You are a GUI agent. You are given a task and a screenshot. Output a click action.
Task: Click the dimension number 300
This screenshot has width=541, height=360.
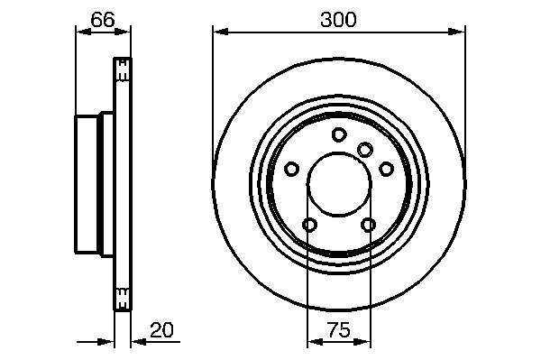tap(338, 19)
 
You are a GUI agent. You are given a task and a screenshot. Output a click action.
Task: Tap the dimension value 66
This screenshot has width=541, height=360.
tap(103, 19)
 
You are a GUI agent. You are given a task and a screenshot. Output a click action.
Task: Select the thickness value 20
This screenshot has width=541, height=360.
tap(161, 330)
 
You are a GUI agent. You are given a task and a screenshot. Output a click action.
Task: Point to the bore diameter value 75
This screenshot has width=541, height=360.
tap(338, 330)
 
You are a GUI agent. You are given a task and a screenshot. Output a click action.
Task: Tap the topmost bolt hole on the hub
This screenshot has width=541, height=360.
tap(339, 134)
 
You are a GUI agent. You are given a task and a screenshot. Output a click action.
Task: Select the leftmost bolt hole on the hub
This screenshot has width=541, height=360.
tap(291, 169)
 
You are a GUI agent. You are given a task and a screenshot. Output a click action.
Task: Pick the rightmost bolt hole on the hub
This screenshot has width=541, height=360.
tap(386, 169)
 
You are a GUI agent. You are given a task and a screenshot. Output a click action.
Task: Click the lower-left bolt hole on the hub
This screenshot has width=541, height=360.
tap(309, 225)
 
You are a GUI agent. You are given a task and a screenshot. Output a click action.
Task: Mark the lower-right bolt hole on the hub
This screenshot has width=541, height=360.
tap(368, 225)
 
